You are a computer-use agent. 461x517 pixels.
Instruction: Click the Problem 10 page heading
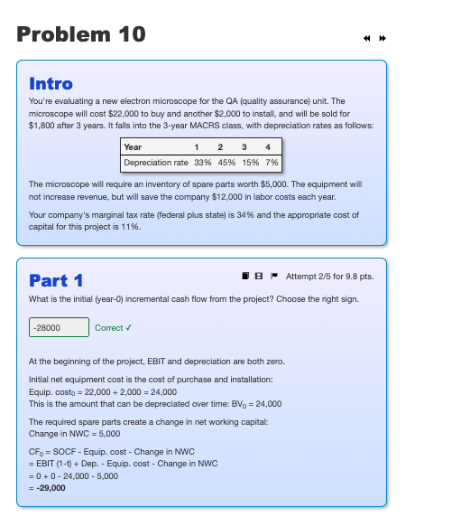tap(81, 35)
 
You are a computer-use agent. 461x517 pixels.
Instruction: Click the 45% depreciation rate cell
tap(226, 162)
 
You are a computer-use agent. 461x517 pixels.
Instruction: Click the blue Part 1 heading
tap(56, 279)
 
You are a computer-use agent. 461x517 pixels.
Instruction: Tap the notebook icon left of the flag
tap(244, 275)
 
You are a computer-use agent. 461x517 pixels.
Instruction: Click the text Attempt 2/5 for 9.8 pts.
tap(328, 275)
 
